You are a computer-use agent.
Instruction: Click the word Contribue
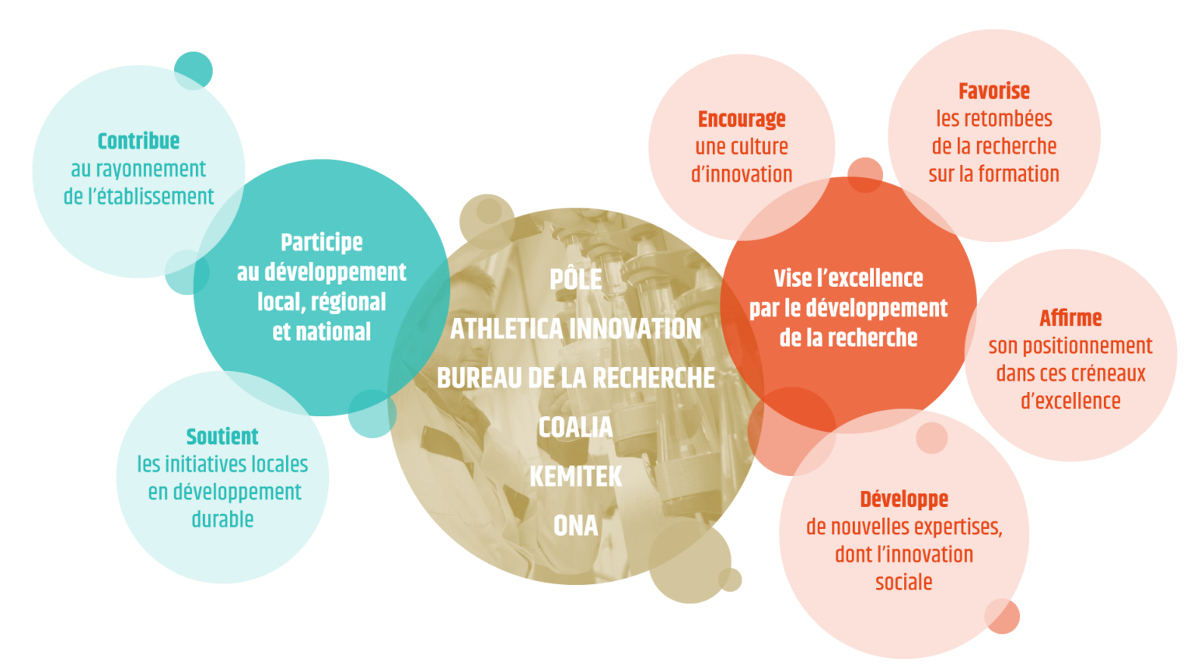[x=138, y=142]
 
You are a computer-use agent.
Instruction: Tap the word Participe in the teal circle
[x=321, y=243]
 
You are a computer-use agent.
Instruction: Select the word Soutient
[x=222, y=437]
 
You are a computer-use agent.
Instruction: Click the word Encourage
[x=742, y=120]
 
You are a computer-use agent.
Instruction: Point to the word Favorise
[x=994, y=91]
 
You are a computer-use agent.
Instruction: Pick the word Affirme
[x=1070, y=318]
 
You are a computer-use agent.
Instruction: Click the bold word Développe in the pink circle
[x=904, y=500]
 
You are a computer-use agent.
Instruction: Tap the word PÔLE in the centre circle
[x=576, y=279]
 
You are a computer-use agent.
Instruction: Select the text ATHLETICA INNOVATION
[x=576, y=328]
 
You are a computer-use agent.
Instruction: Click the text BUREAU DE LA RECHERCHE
[x=576, y=378]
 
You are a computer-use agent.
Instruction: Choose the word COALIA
[x=576, y=428]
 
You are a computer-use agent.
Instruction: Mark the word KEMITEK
[x=576, y=477]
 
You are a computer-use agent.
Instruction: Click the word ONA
[x=576, y=526]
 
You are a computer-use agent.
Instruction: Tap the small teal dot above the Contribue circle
[x=194, y=71]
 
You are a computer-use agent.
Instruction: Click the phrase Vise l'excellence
[x=848, y=278]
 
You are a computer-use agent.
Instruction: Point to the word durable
[x=222, y=519]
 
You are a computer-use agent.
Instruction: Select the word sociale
[x=904, y=582]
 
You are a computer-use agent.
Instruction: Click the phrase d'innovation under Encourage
[x=742, y=174]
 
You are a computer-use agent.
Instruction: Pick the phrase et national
[x=321, y=332]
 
